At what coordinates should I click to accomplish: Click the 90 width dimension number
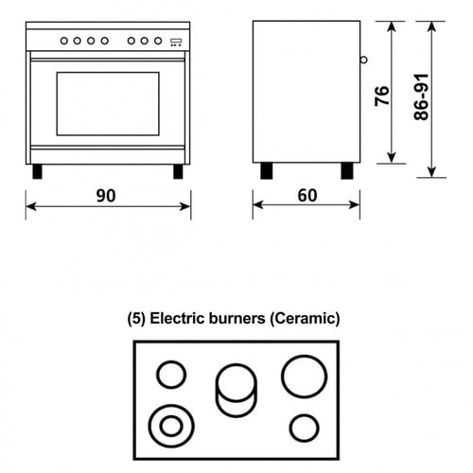coord(106,196)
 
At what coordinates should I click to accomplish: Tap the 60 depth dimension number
coord(307,195)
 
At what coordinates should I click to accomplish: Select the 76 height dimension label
coord(382,96)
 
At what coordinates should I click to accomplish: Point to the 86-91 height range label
coord(421,97)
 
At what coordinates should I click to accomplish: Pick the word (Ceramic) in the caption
coord(305,319)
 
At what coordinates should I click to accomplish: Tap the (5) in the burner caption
coord(136,319)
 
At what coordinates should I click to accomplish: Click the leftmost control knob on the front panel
coord(64,41)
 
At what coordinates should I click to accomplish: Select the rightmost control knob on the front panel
coord(158,41)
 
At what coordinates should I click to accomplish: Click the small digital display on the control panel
coord(176,43)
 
